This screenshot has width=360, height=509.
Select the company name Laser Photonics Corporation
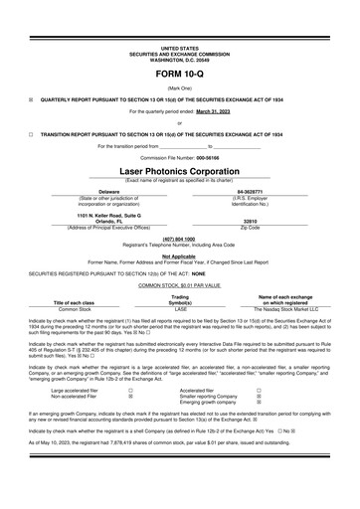[179, 171]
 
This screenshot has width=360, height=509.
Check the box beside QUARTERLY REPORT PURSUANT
[31, 98]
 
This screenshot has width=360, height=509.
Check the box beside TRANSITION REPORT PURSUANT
[31, 132]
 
